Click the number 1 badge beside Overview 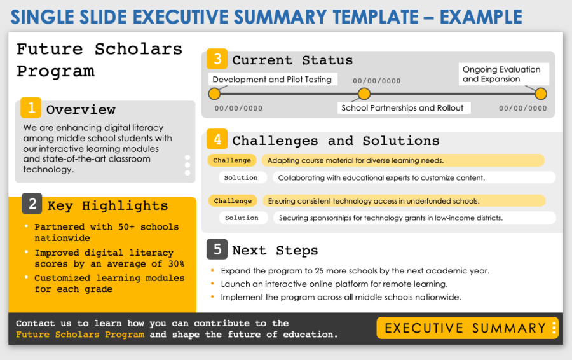(x=31, y=107)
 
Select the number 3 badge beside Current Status (x=217, y=59)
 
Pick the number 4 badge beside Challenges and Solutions (x=217, y=139)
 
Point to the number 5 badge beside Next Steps (x=217, y=249)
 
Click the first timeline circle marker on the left (x=214, y=94)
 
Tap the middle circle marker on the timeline (x=364, y=94)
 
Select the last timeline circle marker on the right (x=541, y=94)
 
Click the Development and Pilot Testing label (x=272, y=80)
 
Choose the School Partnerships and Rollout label (x=402, y=108)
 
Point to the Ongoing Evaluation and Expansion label (x=501, y=74)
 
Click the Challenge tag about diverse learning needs (x=232, y=160)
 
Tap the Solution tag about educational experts (x=241, y=177)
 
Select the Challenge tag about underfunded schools (x=233, y=201)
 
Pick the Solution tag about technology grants (x=242, y=218)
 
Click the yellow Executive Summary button (x=466, y=328)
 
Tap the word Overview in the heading (x=81, y=109)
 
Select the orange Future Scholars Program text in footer (x=80, y=335)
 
